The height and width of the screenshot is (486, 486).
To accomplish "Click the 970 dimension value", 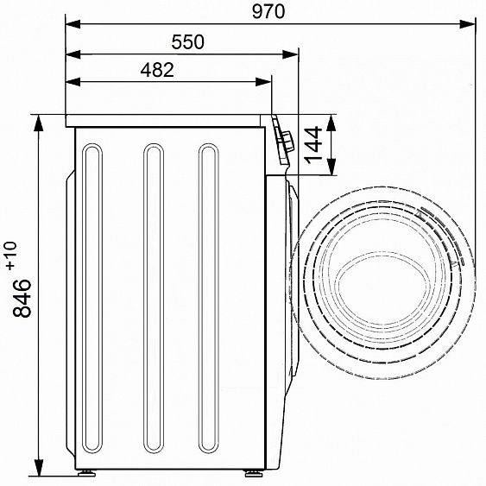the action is coord(268,12).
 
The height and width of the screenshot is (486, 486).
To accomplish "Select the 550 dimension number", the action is coord(188,42).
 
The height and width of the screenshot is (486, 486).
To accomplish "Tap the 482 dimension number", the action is coord(157,70).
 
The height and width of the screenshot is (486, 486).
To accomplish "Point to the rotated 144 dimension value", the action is coord(313,144).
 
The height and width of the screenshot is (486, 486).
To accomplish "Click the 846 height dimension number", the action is coord(22,298).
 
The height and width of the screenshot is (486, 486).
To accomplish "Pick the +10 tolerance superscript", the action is coord(11,256).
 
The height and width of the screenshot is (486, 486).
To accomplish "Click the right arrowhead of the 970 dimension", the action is coord(467,24).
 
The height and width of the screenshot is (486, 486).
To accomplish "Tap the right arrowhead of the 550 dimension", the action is coord(290,55).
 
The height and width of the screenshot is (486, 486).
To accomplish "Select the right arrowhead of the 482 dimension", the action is coord(263,82).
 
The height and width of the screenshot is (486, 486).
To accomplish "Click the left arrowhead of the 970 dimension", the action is coord(73,24).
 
